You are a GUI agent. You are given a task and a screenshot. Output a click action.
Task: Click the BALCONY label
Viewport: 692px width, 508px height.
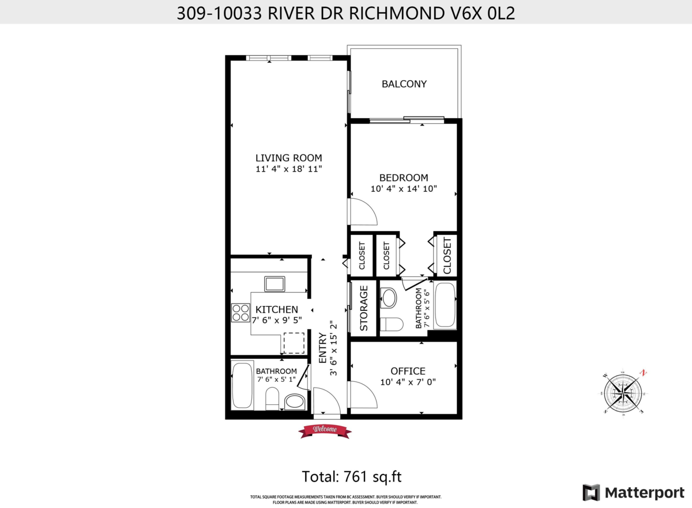coord(404,84)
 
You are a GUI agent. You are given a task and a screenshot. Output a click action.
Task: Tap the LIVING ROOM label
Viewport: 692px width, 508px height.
coord(288,158)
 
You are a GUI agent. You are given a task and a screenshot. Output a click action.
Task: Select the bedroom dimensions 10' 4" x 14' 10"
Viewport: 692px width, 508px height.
coord(404,188)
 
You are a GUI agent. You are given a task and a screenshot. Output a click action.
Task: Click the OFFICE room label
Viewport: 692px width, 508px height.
coord(408,371)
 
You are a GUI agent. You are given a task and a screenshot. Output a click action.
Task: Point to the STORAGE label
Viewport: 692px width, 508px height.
coord(364,308)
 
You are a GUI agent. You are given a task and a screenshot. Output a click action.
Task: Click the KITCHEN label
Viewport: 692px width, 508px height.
coord(277,310)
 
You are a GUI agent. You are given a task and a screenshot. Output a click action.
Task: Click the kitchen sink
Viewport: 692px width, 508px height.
coord(274,284)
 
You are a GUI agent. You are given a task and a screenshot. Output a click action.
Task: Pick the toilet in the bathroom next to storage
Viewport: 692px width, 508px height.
coord(392,324)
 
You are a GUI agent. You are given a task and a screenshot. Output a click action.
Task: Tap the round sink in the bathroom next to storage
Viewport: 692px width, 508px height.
coord(389,298)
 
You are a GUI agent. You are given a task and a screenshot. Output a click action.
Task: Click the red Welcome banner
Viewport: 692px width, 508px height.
coord(325,430)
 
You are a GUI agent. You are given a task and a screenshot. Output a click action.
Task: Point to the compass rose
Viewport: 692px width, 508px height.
coord(625,393)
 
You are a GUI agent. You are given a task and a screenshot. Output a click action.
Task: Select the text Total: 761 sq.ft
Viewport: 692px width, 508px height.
coord(352,477)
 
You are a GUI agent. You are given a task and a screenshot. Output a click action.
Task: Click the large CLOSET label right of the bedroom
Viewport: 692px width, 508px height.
coord(447,256)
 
